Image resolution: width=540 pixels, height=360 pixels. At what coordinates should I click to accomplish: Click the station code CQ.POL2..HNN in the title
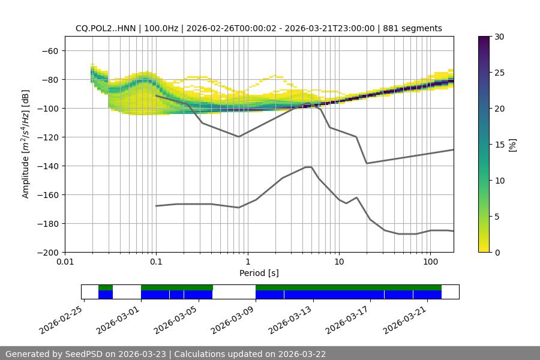106,28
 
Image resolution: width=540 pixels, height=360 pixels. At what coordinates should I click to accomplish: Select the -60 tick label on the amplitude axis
49,51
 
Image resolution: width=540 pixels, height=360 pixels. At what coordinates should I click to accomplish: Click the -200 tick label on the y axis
47,253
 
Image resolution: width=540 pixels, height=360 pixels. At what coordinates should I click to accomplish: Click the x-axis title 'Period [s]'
259,273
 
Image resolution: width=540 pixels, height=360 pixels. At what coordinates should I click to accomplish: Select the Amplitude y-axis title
26,144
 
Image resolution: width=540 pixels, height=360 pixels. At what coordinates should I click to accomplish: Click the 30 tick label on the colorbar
499,37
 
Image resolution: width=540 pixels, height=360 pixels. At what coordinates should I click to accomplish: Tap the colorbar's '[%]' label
512,144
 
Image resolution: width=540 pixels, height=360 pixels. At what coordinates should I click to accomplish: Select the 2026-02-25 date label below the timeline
62,320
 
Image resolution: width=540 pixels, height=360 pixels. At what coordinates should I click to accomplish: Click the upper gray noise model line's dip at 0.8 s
239,136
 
